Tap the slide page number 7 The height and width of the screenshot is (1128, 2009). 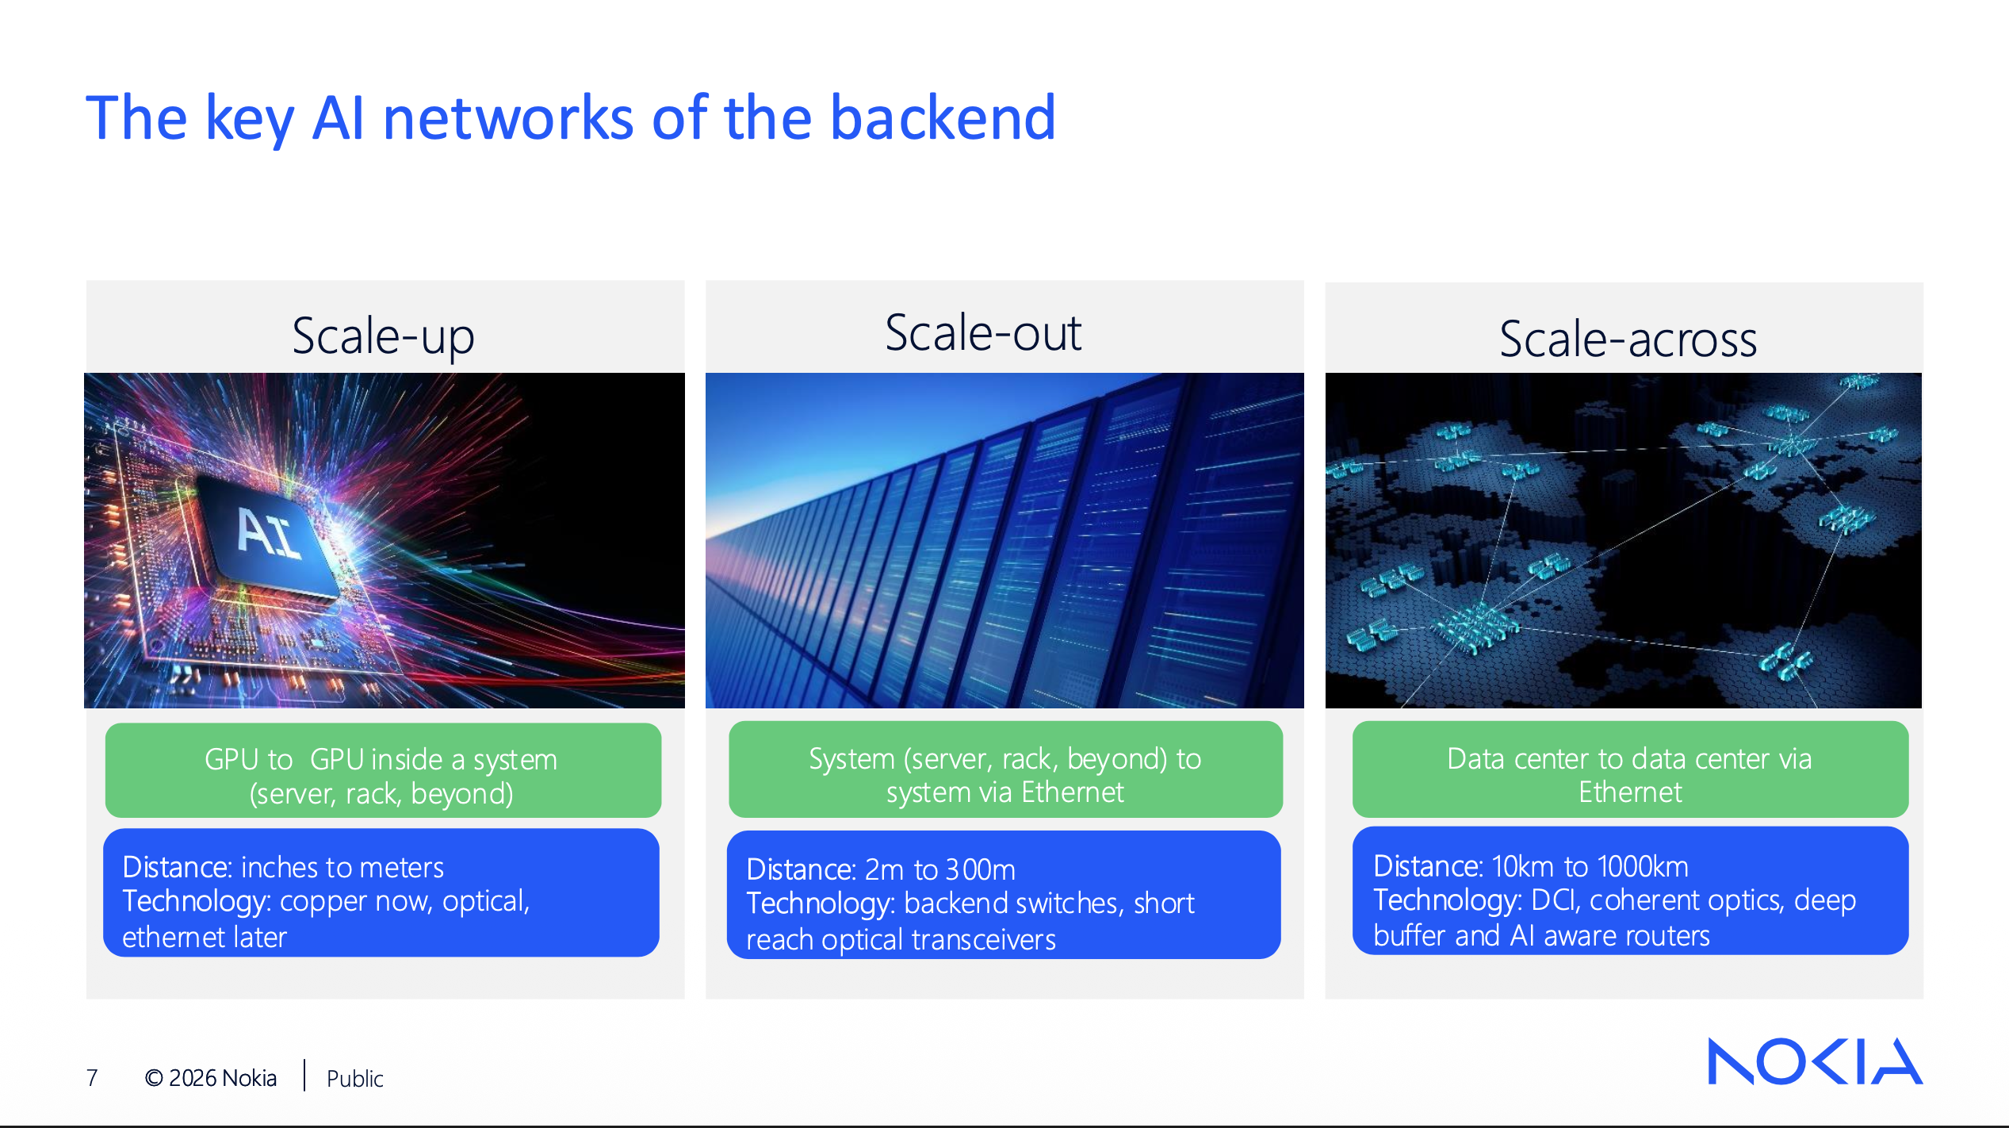92,1077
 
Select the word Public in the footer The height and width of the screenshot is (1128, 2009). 354,1078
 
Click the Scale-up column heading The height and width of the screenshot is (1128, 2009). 383,336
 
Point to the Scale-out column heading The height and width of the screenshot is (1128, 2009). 983,333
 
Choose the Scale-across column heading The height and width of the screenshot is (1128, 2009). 1628,340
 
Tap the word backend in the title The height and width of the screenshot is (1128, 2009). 943,118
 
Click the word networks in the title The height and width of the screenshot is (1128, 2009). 507,118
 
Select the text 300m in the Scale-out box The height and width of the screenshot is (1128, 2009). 980,870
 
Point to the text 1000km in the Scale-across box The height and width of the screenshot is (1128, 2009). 1643,867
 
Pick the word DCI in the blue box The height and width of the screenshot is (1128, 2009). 1556,900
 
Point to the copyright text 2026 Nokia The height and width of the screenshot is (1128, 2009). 211,1078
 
